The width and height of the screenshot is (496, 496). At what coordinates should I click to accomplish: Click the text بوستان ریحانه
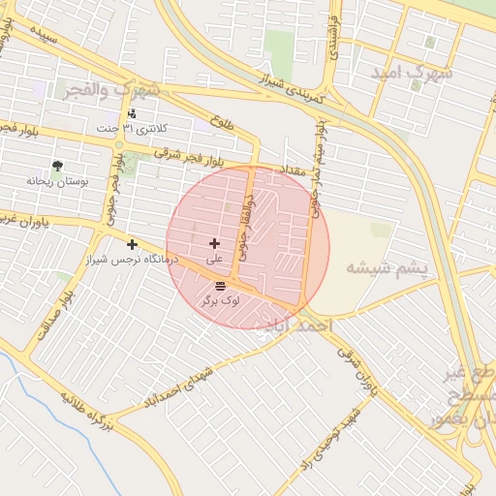pyautogui.click(x=57, y=181)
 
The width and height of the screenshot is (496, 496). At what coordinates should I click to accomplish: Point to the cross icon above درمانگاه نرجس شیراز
pyautogui.click(x=132, y=244)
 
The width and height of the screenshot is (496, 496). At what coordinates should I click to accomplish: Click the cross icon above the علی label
pyautogui.click(x=214, y=244)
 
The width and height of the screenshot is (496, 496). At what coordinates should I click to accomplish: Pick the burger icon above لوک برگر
pyautogui.click(x=221, y=285)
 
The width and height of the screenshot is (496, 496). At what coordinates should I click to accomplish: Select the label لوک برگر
pyautogui.click(x=221, y=301)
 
